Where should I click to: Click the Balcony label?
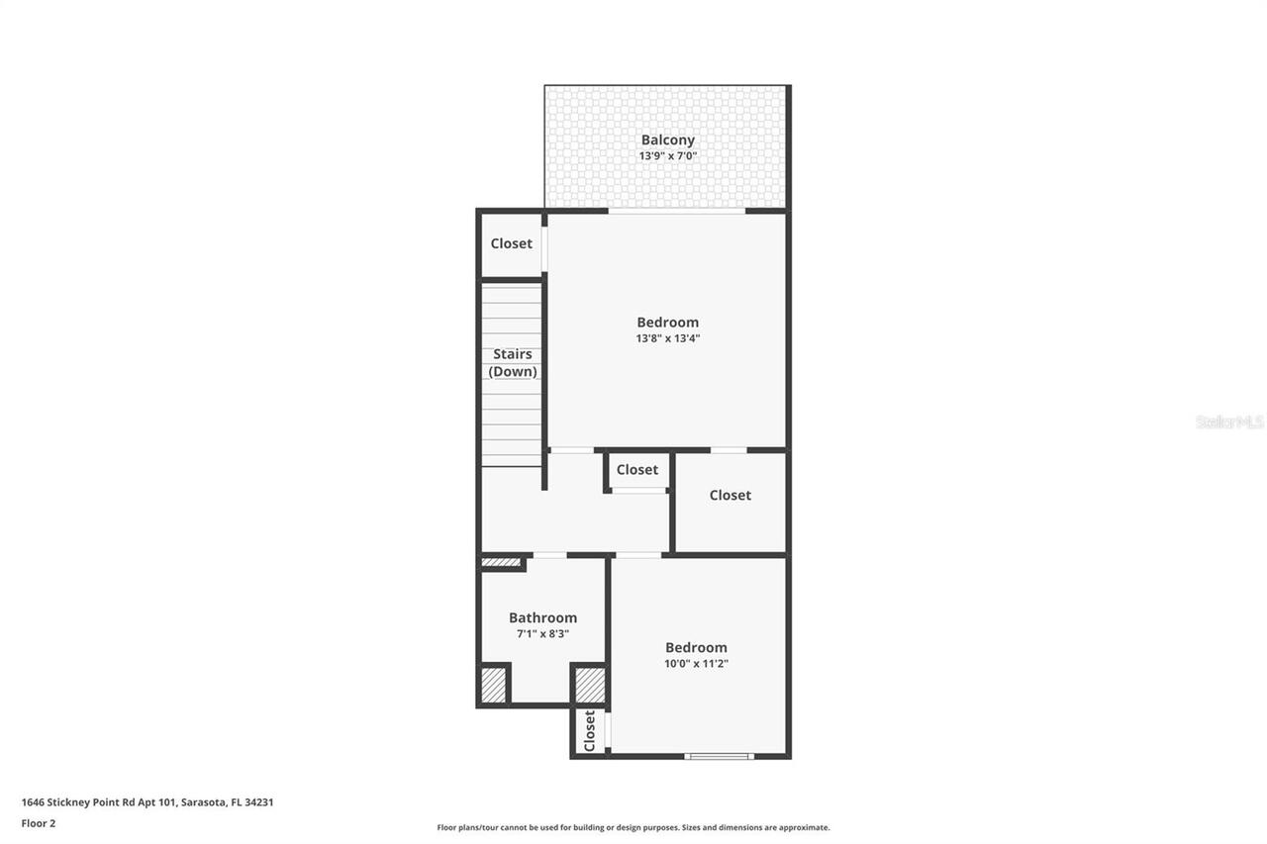tap(667, 141)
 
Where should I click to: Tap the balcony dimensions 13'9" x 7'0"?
tap(667, 156)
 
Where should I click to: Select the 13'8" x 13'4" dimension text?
tap(667, 338)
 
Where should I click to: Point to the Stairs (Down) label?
tap(512, 363)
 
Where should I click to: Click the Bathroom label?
tap(542, 617)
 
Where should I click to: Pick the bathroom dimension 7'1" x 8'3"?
tap(542, 634)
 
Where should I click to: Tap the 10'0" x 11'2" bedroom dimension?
tap(696, 664)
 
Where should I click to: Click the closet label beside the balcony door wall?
tap(511, 243)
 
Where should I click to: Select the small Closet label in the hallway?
tap(636, 470)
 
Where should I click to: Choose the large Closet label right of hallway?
tap(730, 495)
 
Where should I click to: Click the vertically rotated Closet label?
tap(590, 731)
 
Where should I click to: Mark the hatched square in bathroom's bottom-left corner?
tap(493, 685)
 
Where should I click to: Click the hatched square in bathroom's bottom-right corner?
tap(590, 685)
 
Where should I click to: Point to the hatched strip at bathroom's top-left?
tap(501, 563)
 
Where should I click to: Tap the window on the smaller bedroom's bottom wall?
tap(719, 757)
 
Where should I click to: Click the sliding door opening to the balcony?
tap(676, 210)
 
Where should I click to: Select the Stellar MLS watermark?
tap(1229, 422)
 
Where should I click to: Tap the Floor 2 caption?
tap(39, 823)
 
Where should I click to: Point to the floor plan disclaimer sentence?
tap(633, 827)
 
